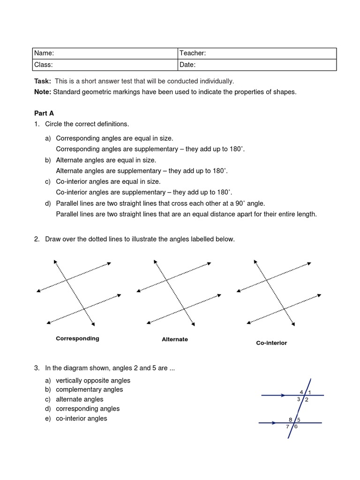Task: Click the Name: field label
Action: pyautogui.click(x=45, y=53)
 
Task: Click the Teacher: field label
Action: pyautogui.click(x=193, y=53)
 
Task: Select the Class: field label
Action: pyautogui.click(x=44, y=65)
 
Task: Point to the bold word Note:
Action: pyautogui.click(x=43, y=92)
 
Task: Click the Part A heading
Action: pyautogui.click(x=44, y=113)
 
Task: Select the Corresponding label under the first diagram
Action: pyautogui.click(x=77, y=338)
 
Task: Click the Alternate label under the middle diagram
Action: pyautogui.click(x=175, y=339)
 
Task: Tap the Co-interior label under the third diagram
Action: pyautogui.click(x=271, y=343)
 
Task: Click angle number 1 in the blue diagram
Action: pyautogui.click(x=310, y=392)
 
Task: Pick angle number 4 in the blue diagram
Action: pyautogui.click(x=301, y=392)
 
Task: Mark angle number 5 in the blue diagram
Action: pyautogui.click(x=299, y=420)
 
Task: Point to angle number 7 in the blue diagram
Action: pyautogui.click(x=288, y=427)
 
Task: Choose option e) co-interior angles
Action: pyautogui.click(x=81, y=418)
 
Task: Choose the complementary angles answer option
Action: pyautogui.click(x=89, y=390)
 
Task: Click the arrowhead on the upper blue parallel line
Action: pyautogui.click(x=283, y=396)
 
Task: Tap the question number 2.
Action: pyautogui.click(x=37, y=239)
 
